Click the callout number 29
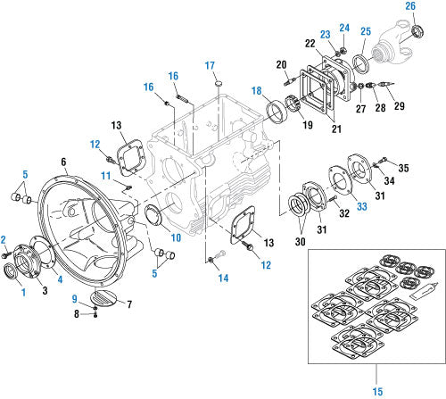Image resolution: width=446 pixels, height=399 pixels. [x=399, y=107]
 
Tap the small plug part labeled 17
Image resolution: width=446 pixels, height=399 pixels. [x=217, y=83]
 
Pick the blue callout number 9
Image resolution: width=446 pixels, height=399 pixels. [x=74, y=298]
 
